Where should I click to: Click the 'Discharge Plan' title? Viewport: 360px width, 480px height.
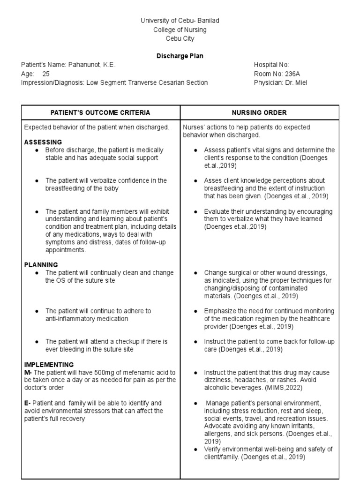click(x=180, y=56)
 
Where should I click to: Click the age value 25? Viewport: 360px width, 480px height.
click(x=45, y=74)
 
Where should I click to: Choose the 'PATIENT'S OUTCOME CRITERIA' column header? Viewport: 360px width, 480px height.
click(x=101, y=112)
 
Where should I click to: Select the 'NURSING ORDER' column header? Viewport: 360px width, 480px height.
click(x=259, y=112)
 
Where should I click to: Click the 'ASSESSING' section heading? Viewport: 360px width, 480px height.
click(x=43, y=142)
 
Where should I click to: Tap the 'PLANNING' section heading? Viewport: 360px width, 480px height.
click(x=41, y=264)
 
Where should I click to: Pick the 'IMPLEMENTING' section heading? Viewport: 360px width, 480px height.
click(x=49, y=364)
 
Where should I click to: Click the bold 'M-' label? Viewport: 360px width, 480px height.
click(x=28, y=372)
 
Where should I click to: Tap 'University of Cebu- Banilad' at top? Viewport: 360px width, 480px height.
click(x=180, y=21)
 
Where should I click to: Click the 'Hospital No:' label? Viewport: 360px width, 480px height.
click(x=271, y=65)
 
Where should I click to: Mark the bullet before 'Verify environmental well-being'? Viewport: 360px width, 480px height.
click(x=195, y=449)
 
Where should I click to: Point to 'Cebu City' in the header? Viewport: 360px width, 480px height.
click(x=180, y=38)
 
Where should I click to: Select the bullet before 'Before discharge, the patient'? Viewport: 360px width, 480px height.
click(x=37, y=150)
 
